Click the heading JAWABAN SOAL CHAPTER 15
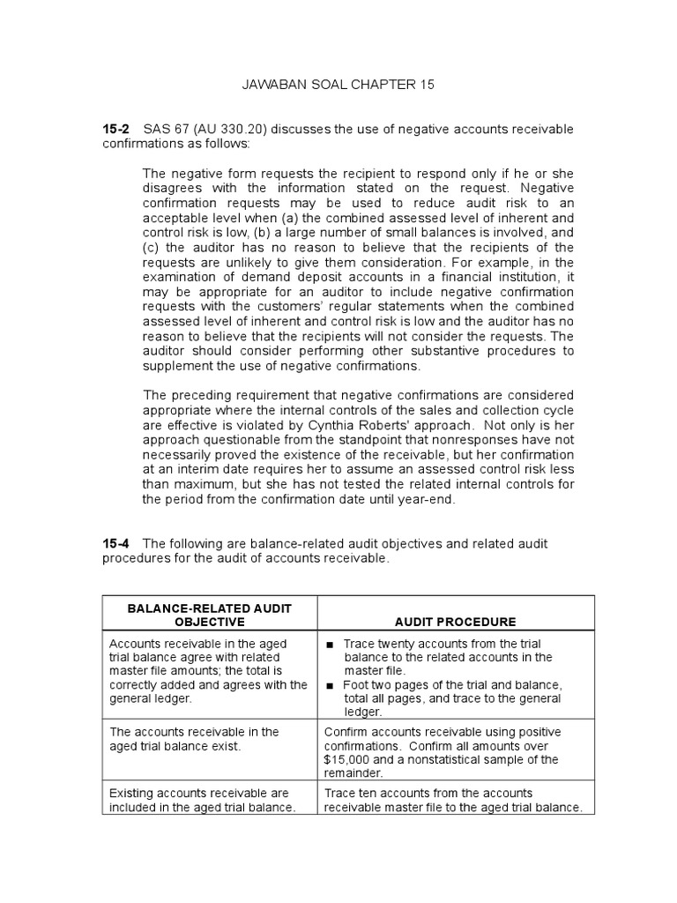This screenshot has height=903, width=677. tap(338, 85)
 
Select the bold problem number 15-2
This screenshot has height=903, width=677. tap(116, 130)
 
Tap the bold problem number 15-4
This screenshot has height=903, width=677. tap(116, 544)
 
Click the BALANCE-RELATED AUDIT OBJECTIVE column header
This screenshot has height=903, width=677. tap(209, 615)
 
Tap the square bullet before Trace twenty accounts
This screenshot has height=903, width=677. tap(330, 645)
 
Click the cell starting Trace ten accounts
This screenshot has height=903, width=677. tap(453, 800)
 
